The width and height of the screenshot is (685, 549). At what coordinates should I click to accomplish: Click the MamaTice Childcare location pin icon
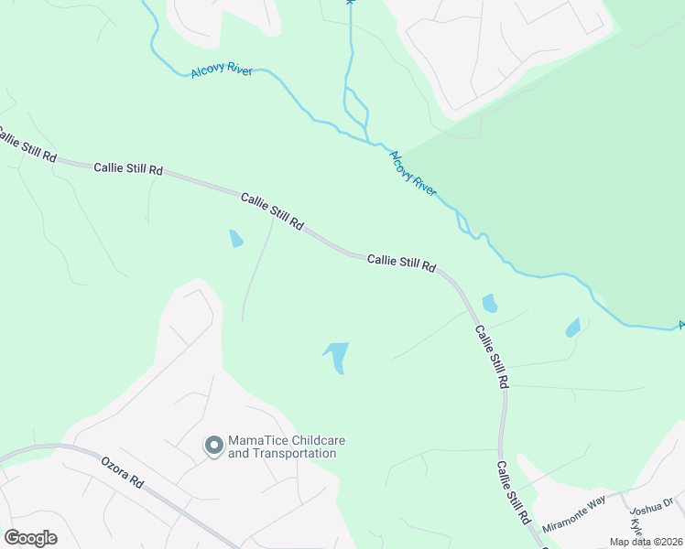click(x=214, y=447)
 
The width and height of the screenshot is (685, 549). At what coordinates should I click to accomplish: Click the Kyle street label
click(x=636, y=529)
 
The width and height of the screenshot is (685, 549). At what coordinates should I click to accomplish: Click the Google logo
click(x=30, y=538)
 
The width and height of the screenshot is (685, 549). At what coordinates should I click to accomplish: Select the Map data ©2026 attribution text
click(x=642, y=542)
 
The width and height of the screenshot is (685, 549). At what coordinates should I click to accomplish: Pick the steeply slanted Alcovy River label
click(x=414, y=171)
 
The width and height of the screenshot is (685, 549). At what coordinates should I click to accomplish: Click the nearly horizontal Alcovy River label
click(x=222, y=71)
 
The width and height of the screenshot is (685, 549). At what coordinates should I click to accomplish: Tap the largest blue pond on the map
click(x=336, y=356)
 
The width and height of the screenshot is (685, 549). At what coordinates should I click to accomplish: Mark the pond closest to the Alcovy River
click(x=573, y=328)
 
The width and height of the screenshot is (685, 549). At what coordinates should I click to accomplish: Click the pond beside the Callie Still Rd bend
click(x=490, y=303)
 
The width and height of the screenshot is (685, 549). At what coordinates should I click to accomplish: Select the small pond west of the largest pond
click(x=236, y=239)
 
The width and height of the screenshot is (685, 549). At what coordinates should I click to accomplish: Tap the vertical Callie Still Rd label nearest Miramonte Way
click(x=514, y=492)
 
